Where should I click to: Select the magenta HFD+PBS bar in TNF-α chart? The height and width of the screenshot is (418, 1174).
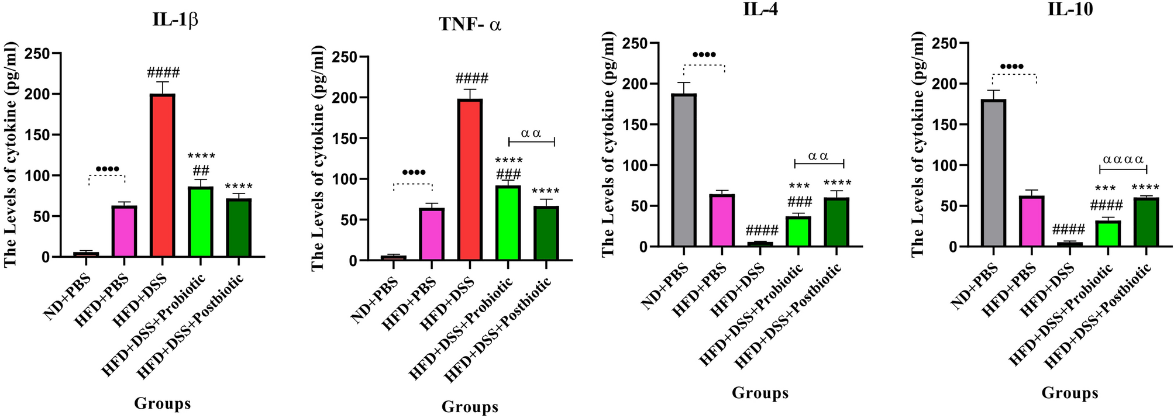click(432, 234)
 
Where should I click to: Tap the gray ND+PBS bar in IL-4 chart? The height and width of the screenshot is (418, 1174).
click(684, 170)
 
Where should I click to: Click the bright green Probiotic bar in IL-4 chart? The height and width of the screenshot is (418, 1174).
click(798, 232)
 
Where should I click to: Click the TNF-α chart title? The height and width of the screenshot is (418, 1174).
click(470, 25)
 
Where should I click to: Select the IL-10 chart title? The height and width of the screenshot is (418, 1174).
click(1070, 9)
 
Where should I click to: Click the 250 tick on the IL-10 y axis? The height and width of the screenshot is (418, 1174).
click(944, 43)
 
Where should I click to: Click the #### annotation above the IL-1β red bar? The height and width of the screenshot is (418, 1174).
click(163, 73)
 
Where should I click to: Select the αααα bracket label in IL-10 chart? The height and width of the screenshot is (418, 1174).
click(1123, 160)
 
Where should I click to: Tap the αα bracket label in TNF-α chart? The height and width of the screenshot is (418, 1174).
click(531, 133)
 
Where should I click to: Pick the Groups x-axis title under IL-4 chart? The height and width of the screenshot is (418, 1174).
click(760, 393)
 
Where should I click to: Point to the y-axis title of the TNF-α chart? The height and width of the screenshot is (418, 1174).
click(317, 158)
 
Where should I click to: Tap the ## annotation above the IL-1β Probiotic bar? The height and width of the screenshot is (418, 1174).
click(201, 170)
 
